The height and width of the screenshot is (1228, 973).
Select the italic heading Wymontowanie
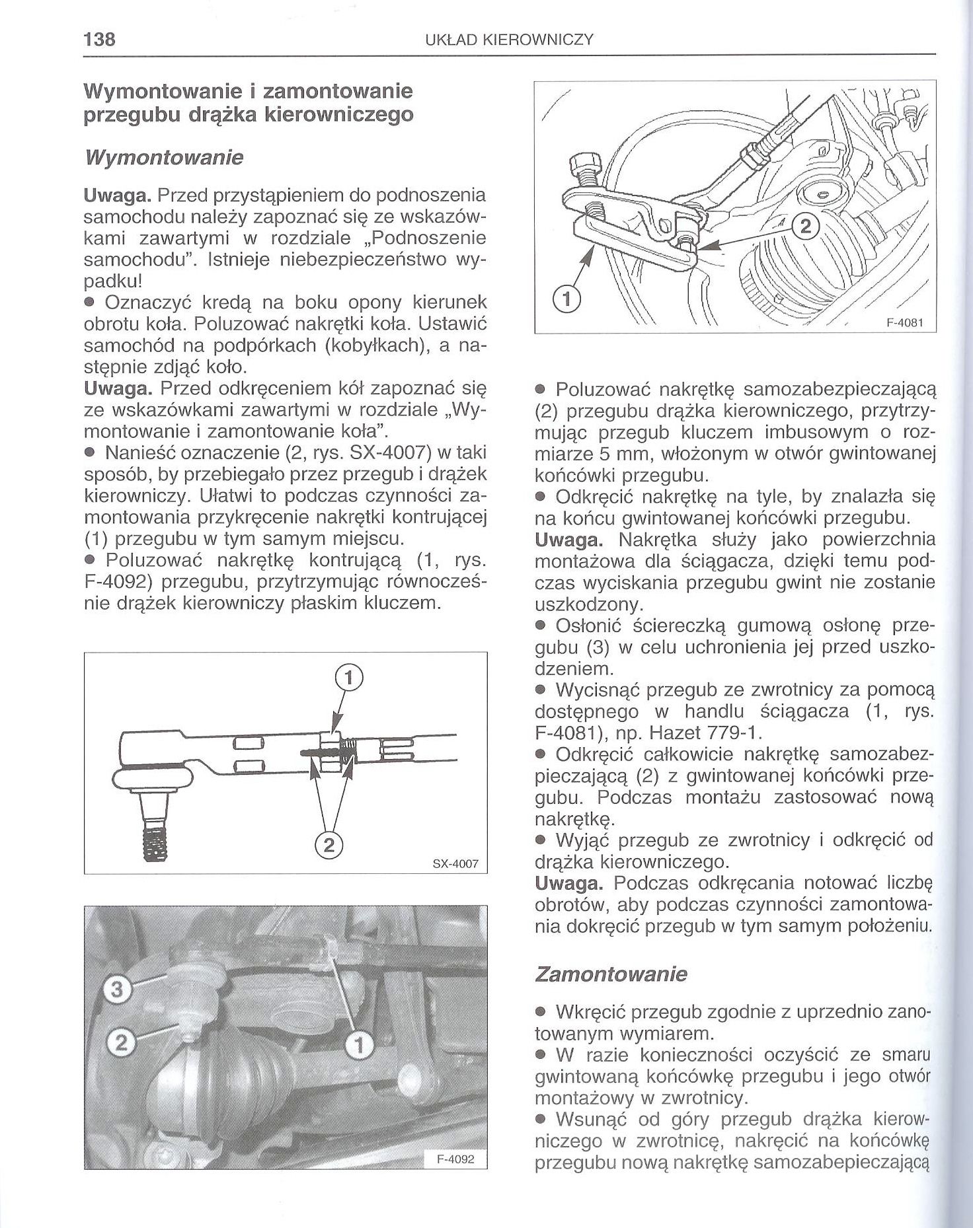coord(164,158)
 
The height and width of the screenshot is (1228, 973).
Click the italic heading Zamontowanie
coord(611,974)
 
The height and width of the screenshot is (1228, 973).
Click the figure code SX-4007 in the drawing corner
coord(455,863)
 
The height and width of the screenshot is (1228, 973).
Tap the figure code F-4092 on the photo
coord(456,1159)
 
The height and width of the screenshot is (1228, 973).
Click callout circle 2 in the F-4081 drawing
coord(804,227)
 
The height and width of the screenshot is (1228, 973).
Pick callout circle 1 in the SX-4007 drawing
coord(350,678)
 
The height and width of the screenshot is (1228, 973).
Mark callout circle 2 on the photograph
coord(120,1042)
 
